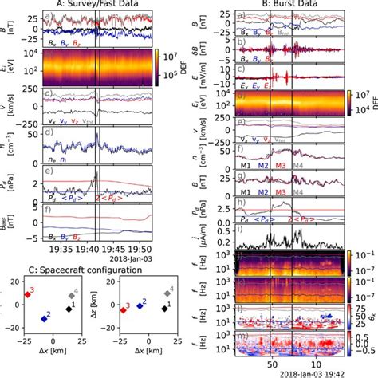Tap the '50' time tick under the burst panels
[x=270, y=361]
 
